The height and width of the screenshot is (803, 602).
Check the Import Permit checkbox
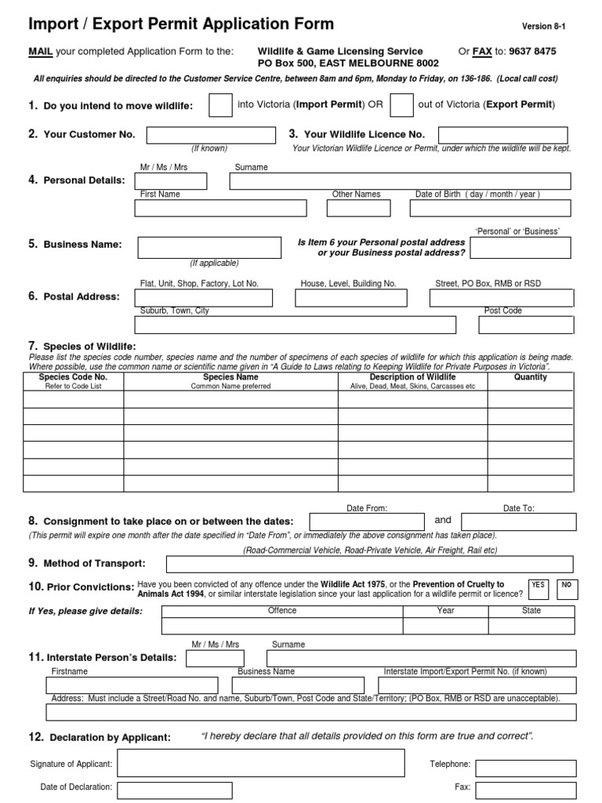coord(220,105)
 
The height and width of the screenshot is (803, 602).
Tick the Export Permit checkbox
coord(401,105)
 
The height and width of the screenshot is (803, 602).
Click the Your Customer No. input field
coord(209,135)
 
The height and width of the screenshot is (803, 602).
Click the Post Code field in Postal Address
coord(527,325)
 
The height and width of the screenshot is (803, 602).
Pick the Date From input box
coord(367,522)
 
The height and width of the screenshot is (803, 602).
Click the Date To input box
coord(518,522)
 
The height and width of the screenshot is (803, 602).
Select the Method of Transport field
coord(371,565)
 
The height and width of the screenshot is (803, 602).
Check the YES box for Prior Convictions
coord(538,589)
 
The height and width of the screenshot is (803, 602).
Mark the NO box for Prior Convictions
coord(566,589)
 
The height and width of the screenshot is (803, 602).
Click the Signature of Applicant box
coord(260,763)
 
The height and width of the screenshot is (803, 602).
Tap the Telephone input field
coord(525,768)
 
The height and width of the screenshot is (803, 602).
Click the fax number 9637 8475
coord(531,52)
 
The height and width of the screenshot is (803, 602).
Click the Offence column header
coord(282,610)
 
